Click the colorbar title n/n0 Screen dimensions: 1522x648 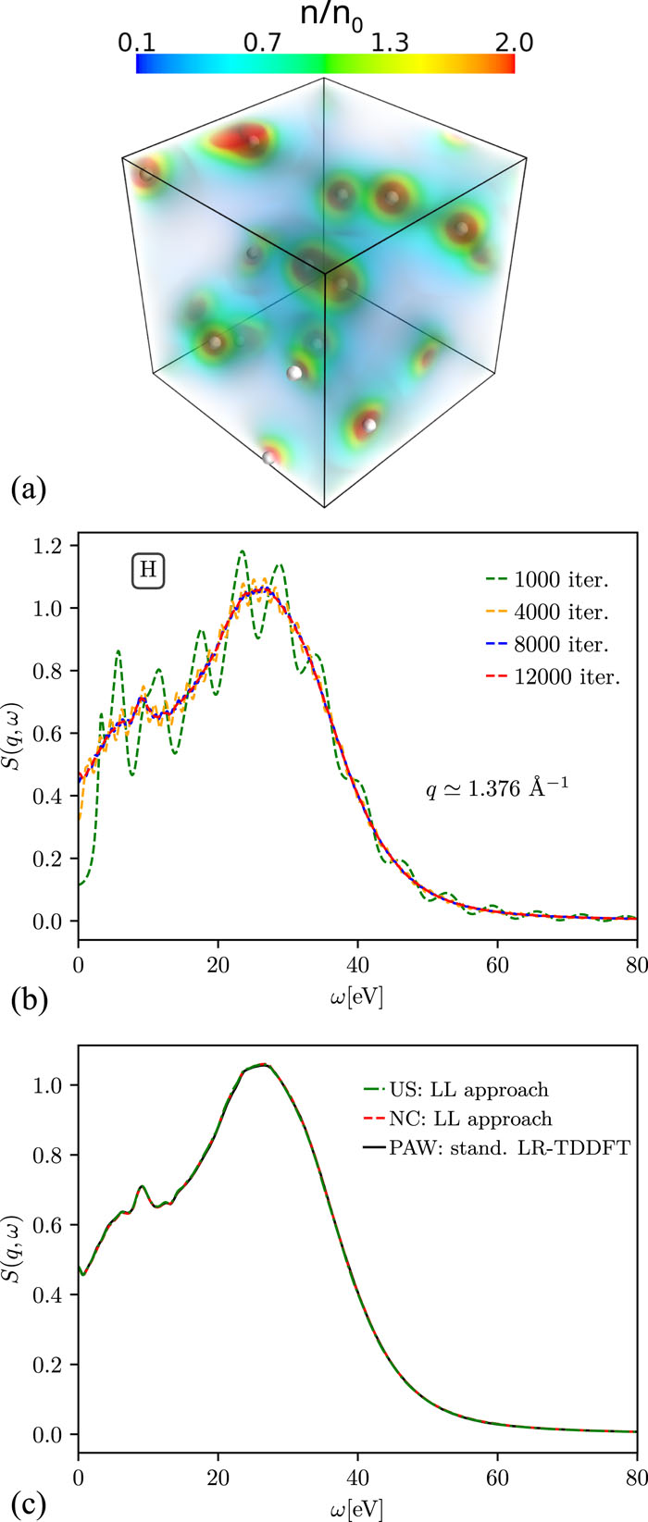(x=324, y=18)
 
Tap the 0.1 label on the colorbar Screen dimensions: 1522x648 (x=136, y=43)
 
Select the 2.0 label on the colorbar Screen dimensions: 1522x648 (x=513, y=43)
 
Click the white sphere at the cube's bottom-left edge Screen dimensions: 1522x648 (x=269, y=457)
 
